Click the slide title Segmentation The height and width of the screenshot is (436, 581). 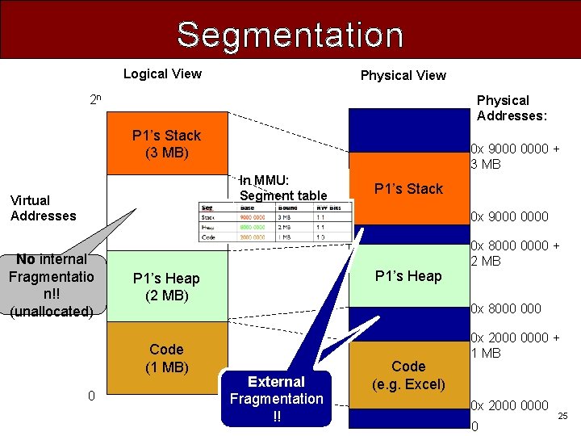click(290, 35)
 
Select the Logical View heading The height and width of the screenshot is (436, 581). click(162, 73)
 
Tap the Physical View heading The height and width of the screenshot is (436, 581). click(403, 75)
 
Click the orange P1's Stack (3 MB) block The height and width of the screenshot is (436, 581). click(166, 144)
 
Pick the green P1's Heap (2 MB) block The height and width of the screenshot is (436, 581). click(166, 287)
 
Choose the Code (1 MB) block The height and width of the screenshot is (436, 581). click(166, 358)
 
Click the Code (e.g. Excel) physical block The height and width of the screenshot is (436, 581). click(408, 375)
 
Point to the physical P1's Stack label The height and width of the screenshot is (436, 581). click(408, 189)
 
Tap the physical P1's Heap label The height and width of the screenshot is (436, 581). click(408, 276)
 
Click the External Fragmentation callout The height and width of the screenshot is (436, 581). click(276, 398)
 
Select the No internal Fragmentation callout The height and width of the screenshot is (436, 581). click(51, 284)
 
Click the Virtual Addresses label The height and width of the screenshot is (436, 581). click(43, 208)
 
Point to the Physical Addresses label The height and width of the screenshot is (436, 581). click(512, 108)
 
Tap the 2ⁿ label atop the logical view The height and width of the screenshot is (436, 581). click(95, 101)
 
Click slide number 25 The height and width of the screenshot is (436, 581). click(562, 415)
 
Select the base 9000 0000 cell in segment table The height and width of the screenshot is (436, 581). click(253, 217)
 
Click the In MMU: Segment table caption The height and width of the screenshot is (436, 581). click(283, 187)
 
